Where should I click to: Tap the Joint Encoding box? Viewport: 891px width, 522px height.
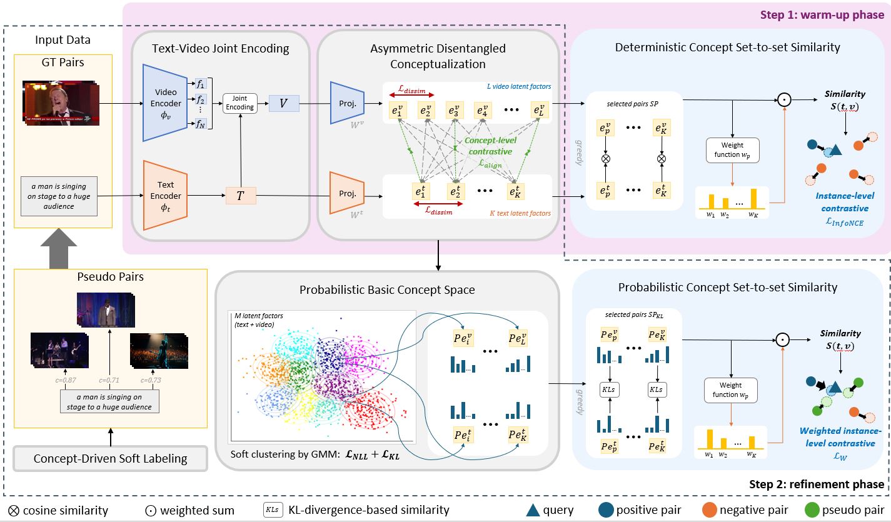pyautogui.click(x=240, y=103)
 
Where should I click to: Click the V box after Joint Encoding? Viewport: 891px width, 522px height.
pyautogui.click(x=283, y=103)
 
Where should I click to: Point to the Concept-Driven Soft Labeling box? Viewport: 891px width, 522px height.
pyautogui.click(x=110, y=458)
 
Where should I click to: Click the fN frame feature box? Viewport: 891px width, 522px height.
pyautogui.click(x=200, y=123)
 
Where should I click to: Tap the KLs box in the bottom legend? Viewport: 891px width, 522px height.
pyautogui.click(x=273, y=509)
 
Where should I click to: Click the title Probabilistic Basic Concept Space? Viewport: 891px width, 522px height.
pyautogui.click(x=387, y=289)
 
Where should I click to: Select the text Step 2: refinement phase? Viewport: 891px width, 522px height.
pyautogui.click(x=817, y=484)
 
